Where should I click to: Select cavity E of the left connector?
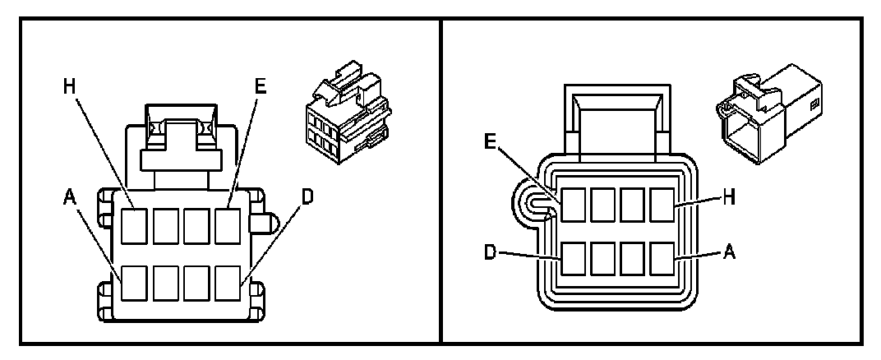[x=228, y=226]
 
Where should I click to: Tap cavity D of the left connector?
[x=228, y=284]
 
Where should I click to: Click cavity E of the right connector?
[x=574, y=205]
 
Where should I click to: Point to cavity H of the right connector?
[x=662, y=205]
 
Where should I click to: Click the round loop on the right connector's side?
[x=530, y=202]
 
